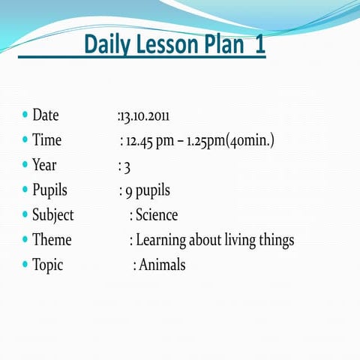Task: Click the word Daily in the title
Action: coord(106,45)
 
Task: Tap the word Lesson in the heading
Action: coord(168,45)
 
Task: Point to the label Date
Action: coord(45,115)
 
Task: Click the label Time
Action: coord(46,140)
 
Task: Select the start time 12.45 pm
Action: coord(151,141)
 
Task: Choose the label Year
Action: coord(44,165)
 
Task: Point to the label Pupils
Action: coord(49,190)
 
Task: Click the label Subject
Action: coord(52,215)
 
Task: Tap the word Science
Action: coord(157,215)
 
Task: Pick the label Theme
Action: coord(52,240)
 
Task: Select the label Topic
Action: coord(47,265)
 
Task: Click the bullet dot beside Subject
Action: coord(25,215)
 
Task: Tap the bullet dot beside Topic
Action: coord(25,265)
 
